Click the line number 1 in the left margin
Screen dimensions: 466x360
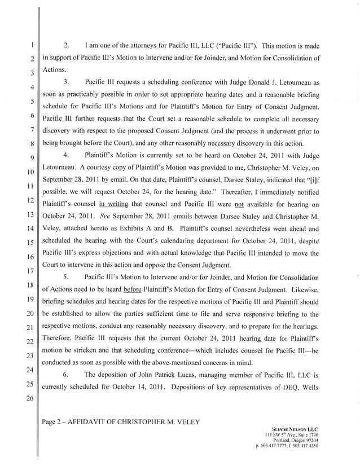pos(33,45)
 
